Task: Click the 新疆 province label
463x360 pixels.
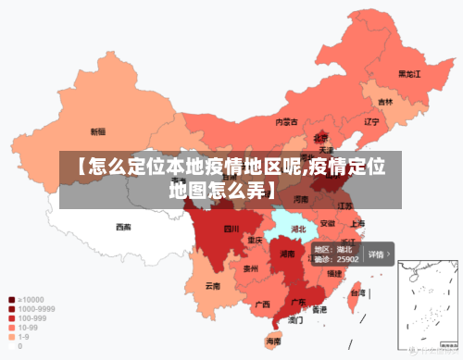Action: (97, 131)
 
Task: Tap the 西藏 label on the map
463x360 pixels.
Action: (123, 227)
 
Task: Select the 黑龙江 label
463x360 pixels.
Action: (409, 73)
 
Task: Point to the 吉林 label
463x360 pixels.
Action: (384, 101)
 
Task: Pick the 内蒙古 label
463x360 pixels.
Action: (286, 121)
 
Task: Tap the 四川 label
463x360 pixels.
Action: (231, 228)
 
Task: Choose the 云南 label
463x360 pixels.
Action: (213, 286)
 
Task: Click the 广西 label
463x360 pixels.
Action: (262, 304)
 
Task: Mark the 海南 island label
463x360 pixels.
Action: (273, 341)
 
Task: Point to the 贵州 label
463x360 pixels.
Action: (250, 268)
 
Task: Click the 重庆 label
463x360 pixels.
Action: (255, 240)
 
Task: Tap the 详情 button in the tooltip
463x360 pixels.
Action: (378, 254)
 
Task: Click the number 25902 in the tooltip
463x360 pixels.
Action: (346, 260)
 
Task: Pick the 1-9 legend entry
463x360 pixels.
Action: (20, 337)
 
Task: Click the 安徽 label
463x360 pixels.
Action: (328, 223)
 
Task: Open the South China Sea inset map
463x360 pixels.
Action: (428, 306)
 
